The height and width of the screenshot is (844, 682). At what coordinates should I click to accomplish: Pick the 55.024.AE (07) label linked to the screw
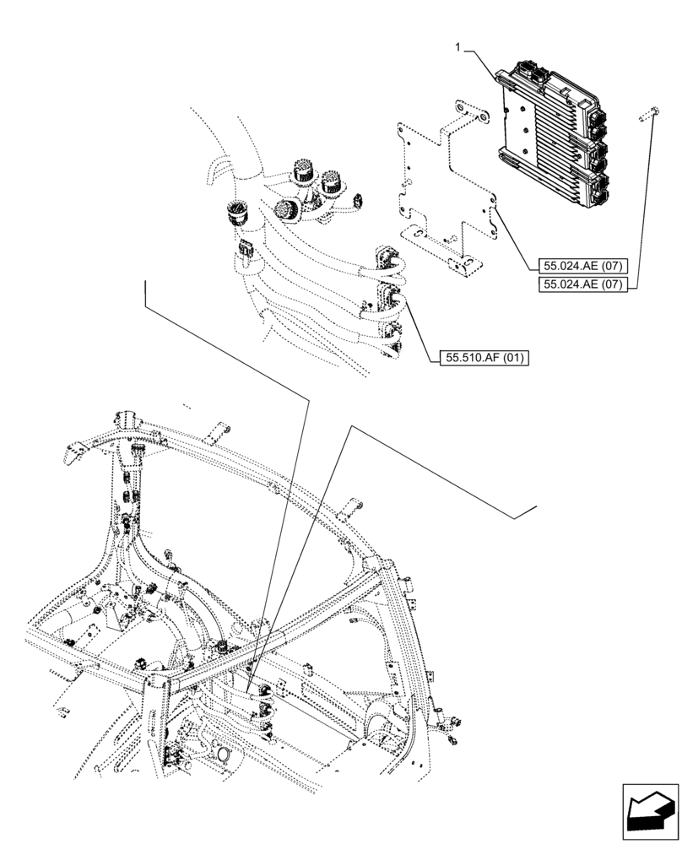tap(579, 284)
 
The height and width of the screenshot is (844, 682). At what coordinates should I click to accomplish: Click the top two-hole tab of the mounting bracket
tap(469, 111)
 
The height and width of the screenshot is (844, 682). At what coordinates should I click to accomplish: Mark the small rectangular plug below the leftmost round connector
tap(246, 252)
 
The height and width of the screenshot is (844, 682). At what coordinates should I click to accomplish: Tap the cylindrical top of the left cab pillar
tap(126, 419)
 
